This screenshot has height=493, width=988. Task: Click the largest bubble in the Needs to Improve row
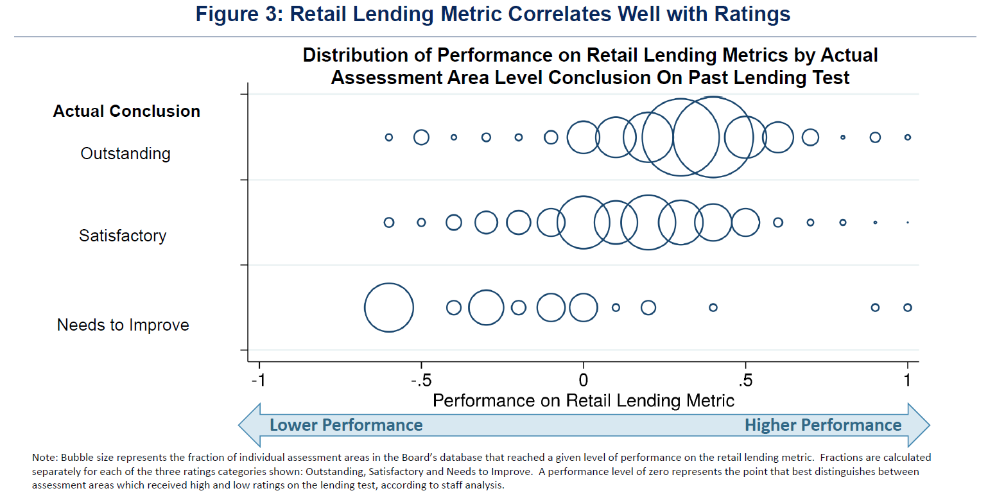point(388,307)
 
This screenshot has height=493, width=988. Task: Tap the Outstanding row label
point(125,154)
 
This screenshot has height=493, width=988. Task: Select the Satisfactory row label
point(123,236)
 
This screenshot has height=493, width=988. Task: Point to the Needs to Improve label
point(123,325)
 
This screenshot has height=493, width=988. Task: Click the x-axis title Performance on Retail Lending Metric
point(583,401)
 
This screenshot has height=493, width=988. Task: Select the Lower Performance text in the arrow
point(346,425)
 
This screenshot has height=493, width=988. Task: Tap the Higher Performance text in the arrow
point(823,425)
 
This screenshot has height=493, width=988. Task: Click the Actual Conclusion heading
point(126,111)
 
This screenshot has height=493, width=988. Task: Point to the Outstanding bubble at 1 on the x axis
point(907,137)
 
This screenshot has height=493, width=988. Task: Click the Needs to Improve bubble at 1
point(907,307)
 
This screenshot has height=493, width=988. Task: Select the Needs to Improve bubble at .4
point(713,307)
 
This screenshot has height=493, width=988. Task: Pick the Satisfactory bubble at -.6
point(388,222)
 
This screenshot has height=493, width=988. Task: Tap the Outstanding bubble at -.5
point(421,137)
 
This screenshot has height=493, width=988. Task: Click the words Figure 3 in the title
point(236,15)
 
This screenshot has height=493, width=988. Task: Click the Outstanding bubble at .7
point(810,137)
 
